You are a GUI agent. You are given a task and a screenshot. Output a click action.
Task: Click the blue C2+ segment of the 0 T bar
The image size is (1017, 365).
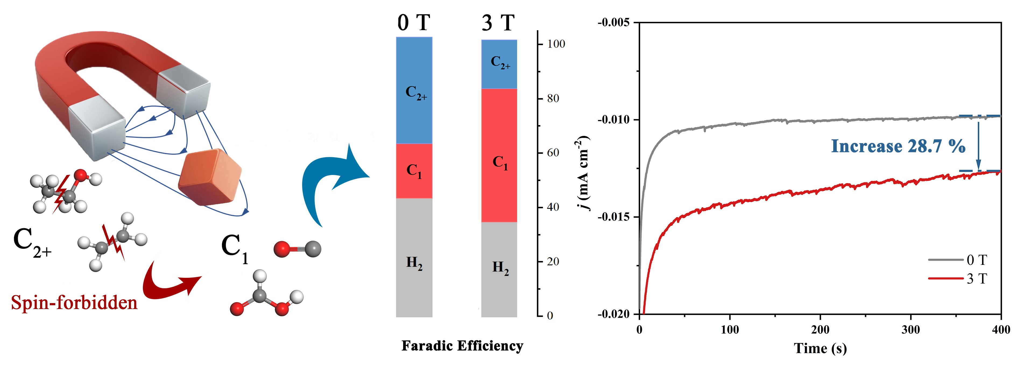click(x=414, y=90)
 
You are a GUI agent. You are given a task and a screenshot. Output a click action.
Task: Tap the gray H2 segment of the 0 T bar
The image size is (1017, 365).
click(x=414, y=258)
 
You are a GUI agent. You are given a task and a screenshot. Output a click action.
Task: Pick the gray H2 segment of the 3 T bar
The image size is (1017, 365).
click(x=499, y=269)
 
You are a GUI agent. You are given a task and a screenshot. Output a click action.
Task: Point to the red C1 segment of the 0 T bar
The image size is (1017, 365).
click(x=414, y=171)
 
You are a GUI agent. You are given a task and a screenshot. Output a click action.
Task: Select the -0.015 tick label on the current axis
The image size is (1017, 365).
click(x=613, y=217)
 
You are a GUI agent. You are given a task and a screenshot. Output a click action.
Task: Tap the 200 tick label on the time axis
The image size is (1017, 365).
click(x=820, y=329)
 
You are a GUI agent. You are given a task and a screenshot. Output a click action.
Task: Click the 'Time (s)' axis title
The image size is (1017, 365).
click(x=820, y=348)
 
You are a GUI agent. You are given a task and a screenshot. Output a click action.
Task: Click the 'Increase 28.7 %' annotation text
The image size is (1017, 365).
click(x=898, y=146)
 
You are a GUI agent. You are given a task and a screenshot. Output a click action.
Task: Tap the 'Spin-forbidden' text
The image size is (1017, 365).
click(x=74, y=303)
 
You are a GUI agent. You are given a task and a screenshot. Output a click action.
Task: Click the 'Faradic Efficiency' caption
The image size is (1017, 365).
click(x=462, y=346)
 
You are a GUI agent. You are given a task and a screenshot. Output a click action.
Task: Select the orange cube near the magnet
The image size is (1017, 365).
click(x=209, y=177)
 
